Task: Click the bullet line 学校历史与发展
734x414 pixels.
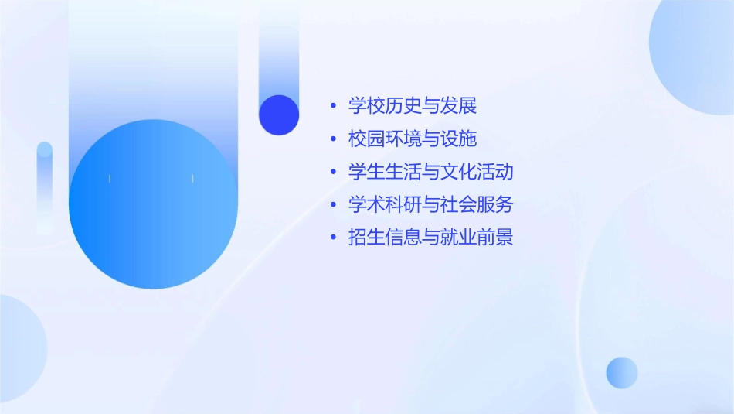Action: tap(413, 105)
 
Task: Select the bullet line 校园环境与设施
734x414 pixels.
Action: tap(413, 139)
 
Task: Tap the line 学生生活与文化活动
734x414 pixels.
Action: tap(430, 171)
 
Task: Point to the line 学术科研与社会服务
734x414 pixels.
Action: tap(430, 204)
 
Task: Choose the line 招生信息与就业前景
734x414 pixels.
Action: tap(430, 237)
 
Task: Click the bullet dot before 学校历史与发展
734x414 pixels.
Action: tap(332, 105)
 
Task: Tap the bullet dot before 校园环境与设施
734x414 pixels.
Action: tap(332, 139)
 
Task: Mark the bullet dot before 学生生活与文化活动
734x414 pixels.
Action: tap(332, 171)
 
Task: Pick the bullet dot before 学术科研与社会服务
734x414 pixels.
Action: tap(332, 204)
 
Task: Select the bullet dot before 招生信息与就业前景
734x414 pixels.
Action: tap(332, 237)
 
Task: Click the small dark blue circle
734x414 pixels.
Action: tap(279, 115)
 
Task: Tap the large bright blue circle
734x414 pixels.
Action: tap(153, 204)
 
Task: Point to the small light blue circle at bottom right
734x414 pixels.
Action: tap(622, 372)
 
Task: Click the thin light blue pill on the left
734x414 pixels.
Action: tap(45, 186)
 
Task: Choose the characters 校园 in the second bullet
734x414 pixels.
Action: tap(367, 139)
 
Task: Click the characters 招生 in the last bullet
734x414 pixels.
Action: tap(367, 237)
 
